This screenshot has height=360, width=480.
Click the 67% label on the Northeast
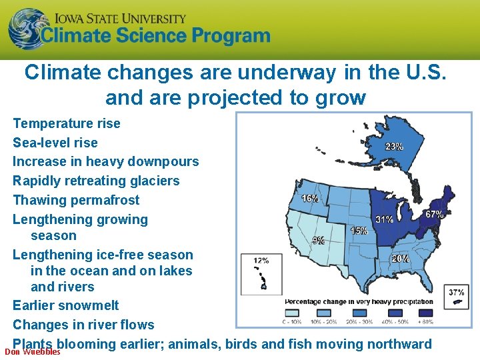pyautogui.click(x=435, y=214)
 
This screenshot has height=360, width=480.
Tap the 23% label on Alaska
pyautogui.click(x=393, y=147)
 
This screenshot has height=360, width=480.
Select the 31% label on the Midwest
pyautogui.click(x=384, y=219)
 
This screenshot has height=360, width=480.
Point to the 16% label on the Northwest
pyautogui.click(x=309, y=198)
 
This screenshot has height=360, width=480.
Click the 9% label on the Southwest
pyautogui.click(x=319, y=240)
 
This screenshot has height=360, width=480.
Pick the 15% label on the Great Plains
pyautogui.click(x=359, y=231)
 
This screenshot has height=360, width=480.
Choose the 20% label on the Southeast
pyautogui.click(x=400, y=258)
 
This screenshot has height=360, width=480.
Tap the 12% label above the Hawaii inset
pyautogui.click(x=261, y=260)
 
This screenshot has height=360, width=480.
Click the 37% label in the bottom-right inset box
pyautogui.click(x=457, y=292)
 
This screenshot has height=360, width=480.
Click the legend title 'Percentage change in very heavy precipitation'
pyautogui.click(x=359, y=301)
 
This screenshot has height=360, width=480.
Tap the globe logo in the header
pyautogui.click(x=27, y=29)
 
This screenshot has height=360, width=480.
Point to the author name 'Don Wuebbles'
pyautogui.click(x=33, y=351)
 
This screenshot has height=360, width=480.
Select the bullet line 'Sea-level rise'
pyautogui.click(x=55, y=143)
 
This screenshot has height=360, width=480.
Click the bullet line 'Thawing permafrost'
pyautogui.click(x=76, y=200)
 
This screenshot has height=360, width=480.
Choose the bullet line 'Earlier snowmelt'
pyautogui.click(x=66, y=305)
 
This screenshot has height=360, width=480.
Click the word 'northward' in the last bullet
pyautogui.click(x=397, y=344)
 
